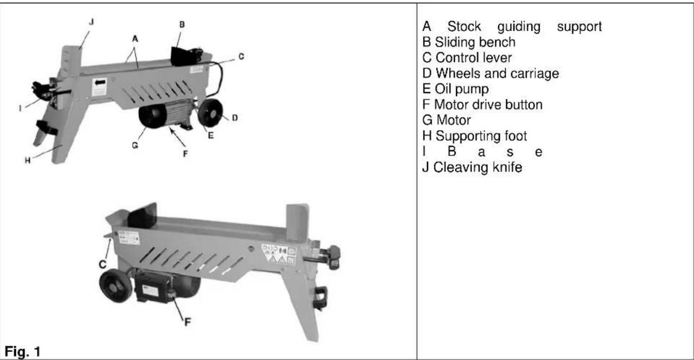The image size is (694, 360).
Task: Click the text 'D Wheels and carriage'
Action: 491,73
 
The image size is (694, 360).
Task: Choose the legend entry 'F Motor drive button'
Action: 482,105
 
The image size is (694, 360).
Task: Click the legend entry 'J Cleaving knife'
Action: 472,168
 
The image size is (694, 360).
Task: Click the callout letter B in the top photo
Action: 182,24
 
